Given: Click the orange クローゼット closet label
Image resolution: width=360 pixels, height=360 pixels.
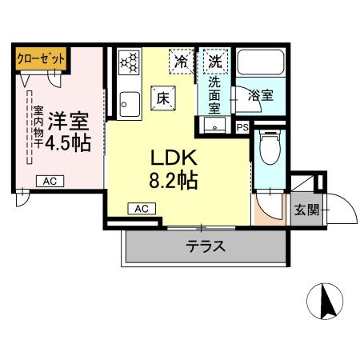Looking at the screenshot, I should [41, 58].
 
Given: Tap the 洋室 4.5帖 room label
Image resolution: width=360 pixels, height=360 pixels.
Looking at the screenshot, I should [67, 132].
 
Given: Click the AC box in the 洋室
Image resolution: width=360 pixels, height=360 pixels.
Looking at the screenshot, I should [49, 182].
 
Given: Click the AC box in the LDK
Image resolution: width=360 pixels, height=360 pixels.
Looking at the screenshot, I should [142, 209].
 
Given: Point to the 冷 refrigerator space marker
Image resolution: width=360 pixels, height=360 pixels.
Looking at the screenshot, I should [182, 60].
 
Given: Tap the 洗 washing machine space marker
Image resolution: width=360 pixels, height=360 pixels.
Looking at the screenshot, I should [214, 60].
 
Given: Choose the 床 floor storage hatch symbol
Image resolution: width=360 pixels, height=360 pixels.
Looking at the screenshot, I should [161, 98].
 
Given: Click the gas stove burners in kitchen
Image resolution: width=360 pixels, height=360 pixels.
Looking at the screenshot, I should [128, 62].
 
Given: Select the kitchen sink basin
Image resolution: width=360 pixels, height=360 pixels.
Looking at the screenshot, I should [128, 103].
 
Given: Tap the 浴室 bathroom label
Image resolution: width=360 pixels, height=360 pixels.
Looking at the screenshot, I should [259, 94].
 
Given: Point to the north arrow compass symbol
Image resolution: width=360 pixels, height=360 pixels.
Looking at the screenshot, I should [326, 302].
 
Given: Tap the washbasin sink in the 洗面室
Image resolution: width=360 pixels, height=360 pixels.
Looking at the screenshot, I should [214, 126].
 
